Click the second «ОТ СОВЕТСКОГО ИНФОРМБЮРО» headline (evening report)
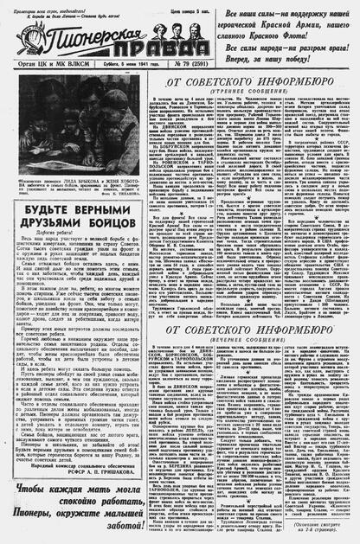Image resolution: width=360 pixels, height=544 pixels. coord(250,330)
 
